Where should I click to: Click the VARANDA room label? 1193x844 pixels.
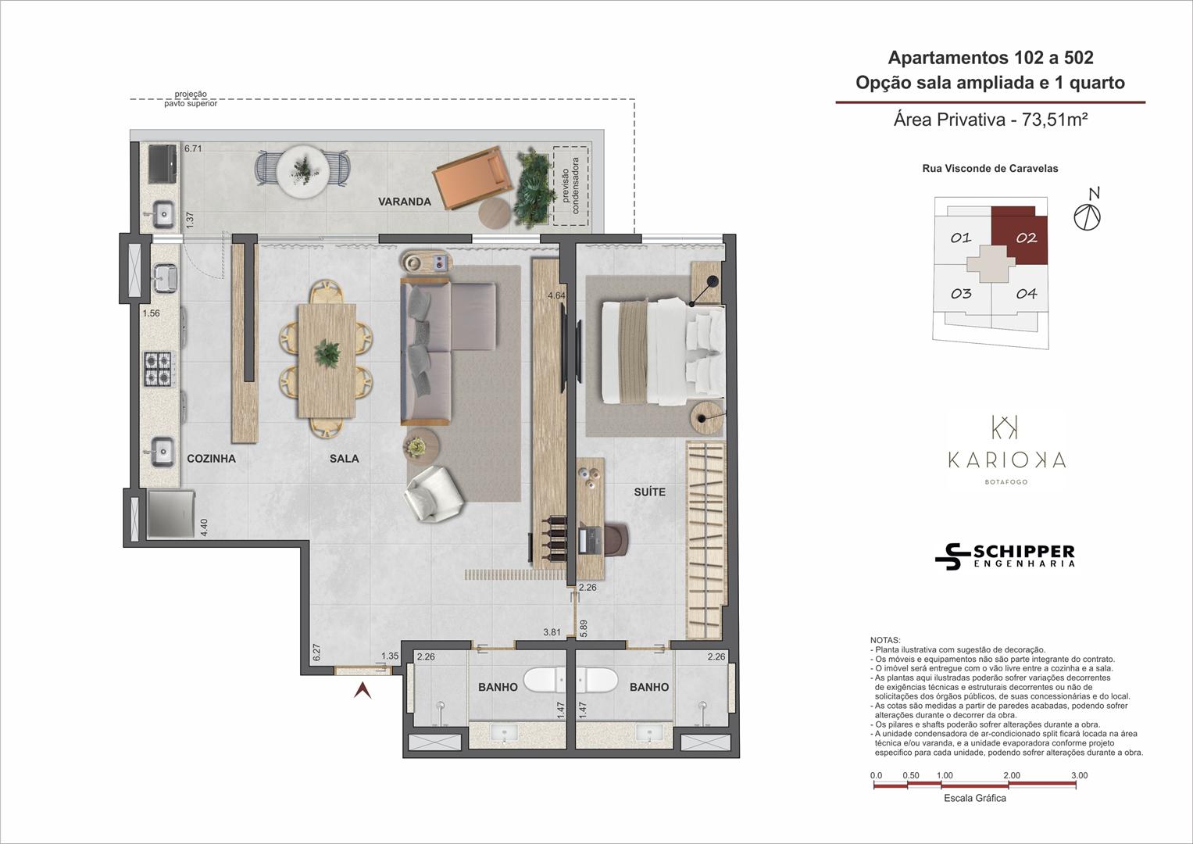pos(404,202)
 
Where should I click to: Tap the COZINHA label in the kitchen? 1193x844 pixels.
pos(211,458)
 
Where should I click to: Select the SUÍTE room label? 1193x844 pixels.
pos(649,492)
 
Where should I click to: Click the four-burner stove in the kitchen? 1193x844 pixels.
pos(158,369)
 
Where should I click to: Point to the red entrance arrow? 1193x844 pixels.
pos(363,690)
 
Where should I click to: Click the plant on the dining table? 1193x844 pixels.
pos(327,353)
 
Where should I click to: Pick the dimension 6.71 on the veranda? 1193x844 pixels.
pos(193,148)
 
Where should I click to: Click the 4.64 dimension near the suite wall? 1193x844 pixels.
pos(556,295)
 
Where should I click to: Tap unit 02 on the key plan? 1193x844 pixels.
pos(1026,238)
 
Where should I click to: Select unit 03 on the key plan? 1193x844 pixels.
pos(961,294)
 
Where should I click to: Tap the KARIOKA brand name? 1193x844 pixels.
pos(1006,460)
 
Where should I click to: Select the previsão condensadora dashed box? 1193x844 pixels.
pos(570,186)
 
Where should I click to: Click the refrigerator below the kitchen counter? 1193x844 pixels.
pos(171,514)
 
